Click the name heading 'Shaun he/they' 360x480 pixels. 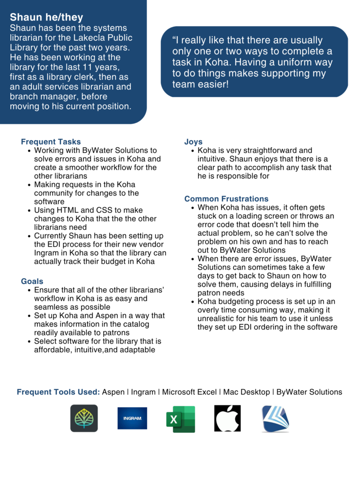(x=46, y=18)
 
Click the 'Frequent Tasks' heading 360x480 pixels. (x=51, y=142)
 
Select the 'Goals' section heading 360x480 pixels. (x=32, y=281)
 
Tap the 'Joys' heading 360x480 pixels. (x=193, y=142)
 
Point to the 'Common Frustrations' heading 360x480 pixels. (x=226, y=199)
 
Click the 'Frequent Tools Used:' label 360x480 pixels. (x=58, y=392)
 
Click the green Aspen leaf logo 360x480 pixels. (x=84, y=418)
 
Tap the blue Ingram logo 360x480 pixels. (x=132, y=418)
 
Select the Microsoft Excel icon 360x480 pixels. (x=180, y=419)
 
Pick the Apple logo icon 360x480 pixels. (x=227, y=418)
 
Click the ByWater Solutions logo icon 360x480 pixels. (x=275, y=418)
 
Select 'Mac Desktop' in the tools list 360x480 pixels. (x=247, y=392)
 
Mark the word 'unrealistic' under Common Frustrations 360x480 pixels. (x=219, y=318)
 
